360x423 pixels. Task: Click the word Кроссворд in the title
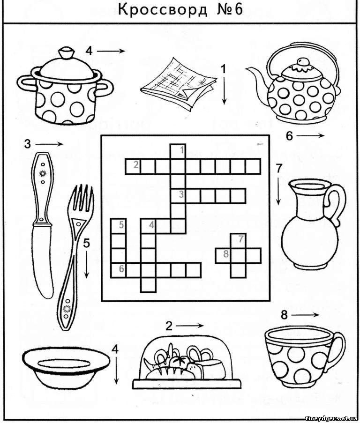pos(163,10)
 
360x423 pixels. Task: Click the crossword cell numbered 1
pos(178,152)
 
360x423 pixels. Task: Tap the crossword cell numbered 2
pos(133,166)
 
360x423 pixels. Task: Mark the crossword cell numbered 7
pos(238,241)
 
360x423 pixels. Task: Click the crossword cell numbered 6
pos(118,270)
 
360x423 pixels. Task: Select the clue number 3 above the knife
pos(28,144)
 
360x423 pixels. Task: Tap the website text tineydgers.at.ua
pos(332,418)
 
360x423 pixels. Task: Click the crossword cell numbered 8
pos(223,255)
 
